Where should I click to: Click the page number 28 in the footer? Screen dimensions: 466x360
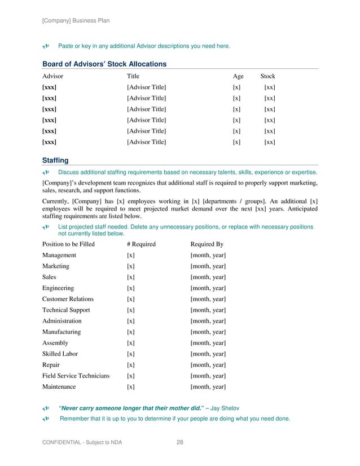tap(180, 442)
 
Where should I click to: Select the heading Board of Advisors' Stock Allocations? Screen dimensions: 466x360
tap(104, 64)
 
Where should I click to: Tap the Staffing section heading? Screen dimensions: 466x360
tap(55, 160)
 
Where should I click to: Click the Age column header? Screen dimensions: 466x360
tap(238, 76)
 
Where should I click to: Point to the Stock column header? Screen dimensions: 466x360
tap(267, 76)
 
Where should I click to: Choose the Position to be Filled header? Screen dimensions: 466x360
tap(68, 244)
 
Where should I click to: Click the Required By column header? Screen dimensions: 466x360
tap(207, 244)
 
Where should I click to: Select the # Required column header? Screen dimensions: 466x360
tap(141, 244)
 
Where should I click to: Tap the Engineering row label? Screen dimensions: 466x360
tap(58, 288)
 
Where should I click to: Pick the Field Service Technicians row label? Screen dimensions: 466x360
tap(76, 376)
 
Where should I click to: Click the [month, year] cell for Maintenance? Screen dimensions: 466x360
tap(208, 387)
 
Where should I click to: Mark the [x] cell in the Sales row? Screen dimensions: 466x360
tap(130, 277)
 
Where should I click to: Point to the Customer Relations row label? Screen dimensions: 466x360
tap(68, 299)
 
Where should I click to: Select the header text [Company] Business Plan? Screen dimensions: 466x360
tap(76, 21)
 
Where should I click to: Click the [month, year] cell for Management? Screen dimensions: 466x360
tap(208, 255)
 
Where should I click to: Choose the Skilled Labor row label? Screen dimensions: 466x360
tap(60, 354)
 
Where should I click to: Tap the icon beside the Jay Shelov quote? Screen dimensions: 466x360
tap(46, 407)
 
